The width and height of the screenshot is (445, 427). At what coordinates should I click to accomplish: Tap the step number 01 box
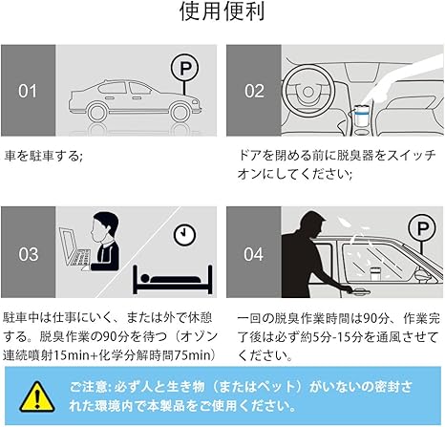29,91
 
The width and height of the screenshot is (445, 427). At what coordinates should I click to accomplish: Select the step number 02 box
253,91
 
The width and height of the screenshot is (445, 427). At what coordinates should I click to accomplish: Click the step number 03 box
29,254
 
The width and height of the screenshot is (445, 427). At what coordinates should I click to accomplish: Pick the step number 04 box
253,254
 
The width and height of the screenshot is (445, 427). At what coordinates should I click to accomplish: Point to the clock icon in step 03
181,233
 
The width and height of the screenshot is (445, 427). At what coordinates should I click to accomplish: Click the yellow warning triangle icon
33,395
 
